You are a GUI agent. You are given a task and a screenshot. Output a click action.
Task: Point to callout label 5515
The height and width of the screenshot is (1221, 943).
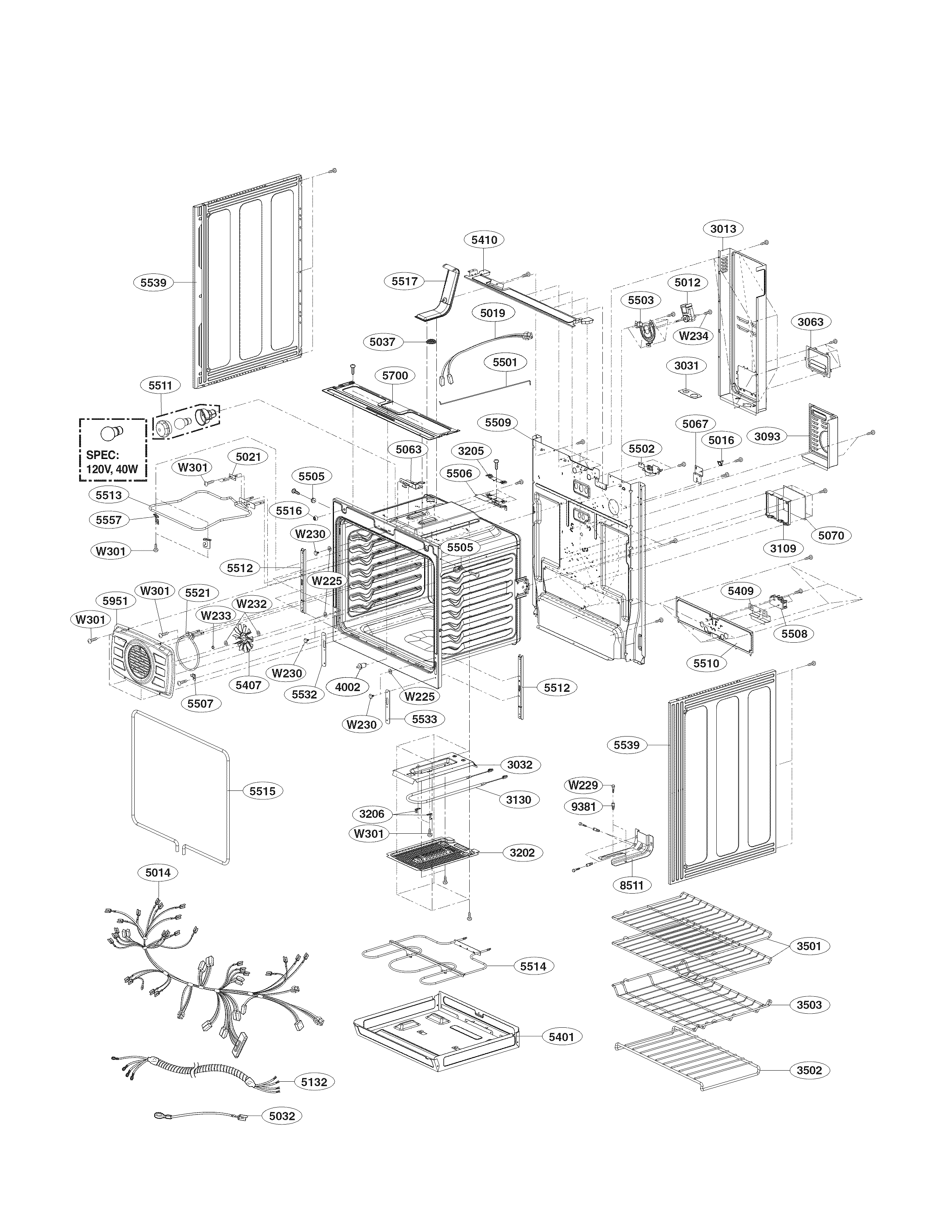tap(262, 791)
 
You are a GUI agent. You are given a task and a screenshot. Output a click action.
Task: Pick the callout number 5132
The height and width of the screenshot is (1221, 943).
tap(314, 1098)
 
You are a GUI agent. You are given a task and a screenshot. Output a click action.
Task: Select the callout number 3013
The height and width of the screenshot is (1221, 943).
tap(723, 229)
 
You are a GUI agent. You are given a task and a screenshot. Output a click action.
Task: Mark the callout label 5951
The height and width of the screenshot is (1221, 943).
tap(115, 601)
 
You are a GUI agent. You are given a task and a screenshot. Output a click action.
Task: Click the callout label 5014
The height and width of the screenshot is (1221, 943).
tap(158, 872)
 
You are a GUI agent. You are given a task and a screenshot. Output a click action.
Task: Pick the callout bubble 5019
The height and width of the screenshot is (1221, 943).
tap(493, 313)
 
